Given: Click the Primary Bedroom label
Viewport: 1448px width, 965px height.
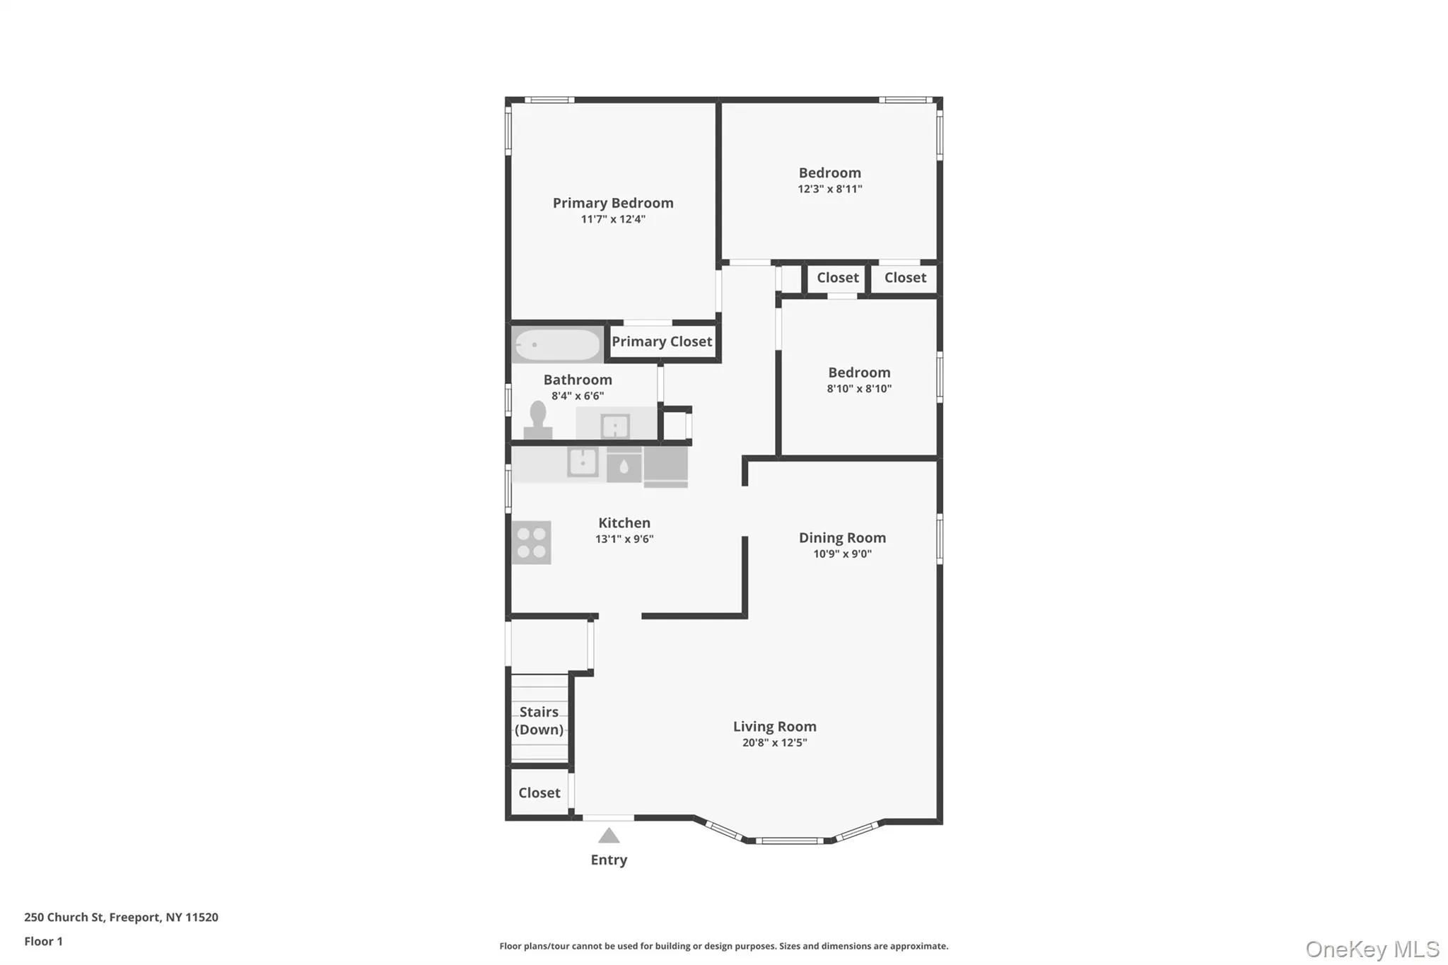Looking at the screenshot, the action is (x=613, y=203).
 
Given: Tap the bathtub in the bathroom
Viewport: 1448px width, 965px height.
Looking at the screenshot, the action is (x=558, y=345).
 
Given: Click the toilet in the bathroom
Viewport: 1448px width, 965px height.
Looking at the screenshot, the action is (x=538, y=420).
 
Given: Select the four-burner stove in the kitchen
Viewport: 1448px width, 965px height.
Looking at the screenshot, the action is (x=532, y=542).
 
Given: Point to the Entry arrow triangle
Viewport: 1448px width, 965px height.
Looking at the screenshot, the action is (x=609, y=836).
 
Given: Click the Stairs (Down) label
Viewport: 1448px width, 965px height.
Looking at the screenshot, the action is (x=539, y=720).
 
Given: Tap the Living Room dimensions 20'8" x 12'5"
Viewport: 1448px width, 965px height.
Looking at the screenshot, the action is (x=774, y=742).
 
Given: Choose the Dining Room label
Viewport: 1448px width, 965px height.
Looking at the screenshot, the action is (x=842, y=537).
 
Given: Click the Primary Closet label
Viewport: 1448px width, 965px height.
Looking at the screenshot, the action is (x=662, y=341).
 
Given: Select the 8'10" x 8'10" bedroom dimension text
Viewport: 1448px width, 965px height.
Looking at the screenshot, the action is (x=859, y=388).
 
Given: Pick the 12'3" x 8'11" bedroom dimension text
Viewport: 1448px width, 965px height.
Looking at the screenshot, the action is (x=830, y=189).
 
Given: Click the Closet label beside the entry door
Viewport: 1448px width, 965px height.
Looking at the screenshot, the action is (x=539, y=793).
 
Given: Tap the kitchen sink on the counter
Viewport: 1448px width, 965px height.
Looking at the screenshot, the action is (x=583, y=462).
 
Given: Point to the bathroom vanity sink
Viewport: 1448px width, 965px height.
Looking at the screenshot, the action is (x=615, y=426).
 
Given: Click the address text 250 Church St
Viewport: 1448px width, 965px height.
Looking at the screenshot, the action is (x=65, y=917).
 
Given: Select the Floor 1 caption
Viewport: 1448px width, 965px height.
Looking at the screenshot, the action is (x=43, y=941).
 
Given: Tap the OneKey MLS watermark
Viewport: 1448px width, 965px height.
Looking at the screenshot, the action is (x=1372, y=949).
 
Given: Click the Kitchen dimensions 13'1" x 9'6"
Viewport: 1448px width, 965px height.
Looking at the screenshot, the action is (x=624, y=539).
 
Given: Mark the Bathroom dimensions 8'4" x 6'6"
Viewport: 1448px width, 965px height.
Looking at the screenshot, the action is (x=578, y=396).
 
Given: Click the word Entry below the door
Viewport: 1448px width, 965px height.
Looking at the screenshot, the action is (x=609, y=860).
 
